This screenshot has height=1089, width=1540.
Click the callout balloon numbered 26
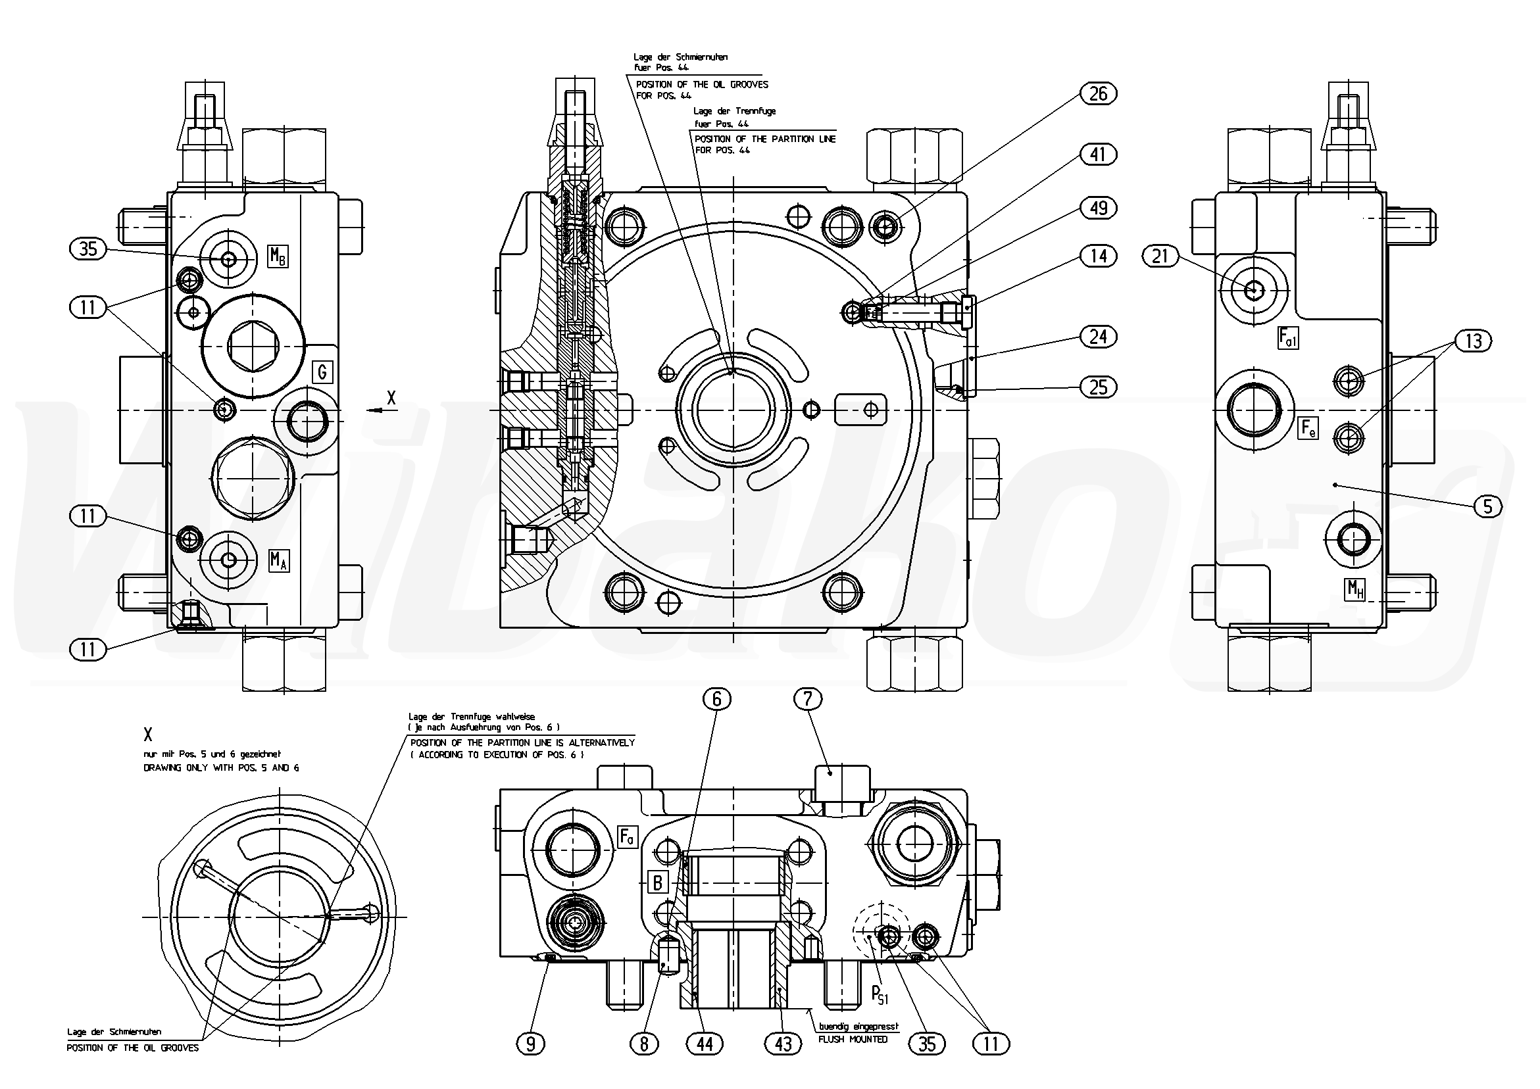pos(1098,94)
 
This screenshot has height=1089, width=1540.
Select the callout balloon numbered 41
pos(1098,155)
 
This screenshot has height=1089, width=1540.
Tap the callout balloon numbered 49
pos(1098,208)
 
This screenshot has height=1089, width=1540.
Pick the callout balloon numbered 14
pos(1098,256)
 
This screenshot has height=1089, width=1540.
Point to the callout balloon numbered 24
pos(1098,337)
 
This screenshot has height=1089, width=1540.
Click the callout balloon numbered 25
pos(1098,387)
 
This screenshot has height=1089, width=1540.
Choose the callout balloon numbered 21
pos(1160,256)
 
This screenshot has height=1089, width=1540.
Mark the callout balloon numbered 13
pos(1474,341)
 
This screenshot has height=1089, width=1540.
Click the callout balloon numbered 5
pos(1487,507)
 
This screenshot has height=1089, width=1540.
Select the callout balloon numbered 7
pos(808,700)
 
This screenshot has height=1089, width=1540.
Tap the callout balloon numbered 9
pos(531,1044)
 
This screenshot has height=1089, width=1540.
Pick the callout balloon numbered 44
pos(705,1044)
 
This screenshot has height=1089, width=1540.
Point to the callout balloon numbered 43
pos(783,1044)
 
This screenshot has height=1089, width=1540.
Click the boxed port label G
pos(322,372)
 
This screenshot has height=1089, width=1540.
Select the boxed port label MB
pos(278,256)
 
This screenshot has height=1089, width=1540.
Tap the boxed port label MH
pos(1355,589)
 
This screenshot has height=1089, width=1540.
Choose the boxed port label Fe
pos(1308,428)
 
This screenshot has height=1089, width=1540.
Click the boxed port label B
pos(658,883)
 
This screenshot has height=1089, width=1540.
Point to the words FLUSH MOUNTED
pos(853,1040)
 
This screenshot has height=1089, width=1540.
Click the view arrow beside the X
pos(375,410)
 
